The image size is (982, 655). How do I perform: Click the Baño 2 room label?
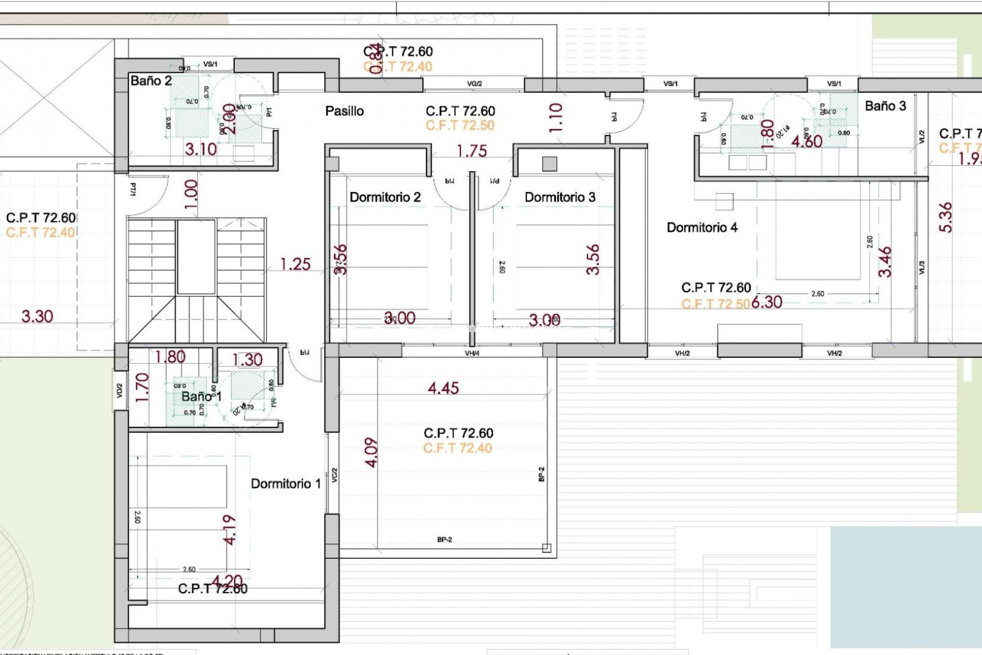tap(151, 81)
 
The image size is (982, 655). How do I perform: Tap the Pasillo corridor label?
tap(344, 111)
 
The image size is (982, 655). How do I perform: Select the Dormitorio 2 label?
tap(385, 198)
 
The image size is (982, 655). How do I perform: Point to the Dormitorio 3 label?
tap(560, 198)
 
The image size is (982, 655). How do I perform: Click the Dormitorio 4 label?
tap(702, 228)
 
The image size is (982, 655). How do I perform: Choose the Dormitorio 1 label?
tap(285, 484)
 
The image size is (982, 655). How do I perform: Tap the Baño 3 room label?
tap(885, 106)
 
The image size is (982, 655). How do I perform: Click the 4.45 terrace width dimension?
tap(443, 388)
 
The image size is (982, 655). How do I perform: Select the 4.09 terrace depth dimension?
tap(372, 452)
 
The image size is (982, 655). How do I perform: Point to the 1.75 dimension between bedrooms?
tap(472, 151)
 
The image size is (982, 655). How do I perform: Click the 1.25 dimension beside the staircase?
tap(295, 264)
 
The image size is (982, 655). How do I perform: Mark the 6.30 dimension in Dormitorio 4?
tap(767, 302)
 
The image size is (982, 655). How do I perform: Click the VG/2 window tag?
tap(474, 84)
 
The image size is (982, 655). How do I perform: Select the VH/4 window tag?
tap(472, 353)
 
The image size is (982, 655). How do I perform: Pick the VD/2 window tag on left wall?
tap(120, 391)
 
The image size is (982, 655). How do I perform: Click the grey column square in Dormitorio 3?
tap(549, 164)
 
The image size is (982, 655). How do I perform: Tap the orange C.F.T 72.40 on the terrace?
tap(457, 448)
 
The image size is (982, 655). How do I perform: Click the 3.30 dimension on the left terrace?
tap(37, 316)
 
